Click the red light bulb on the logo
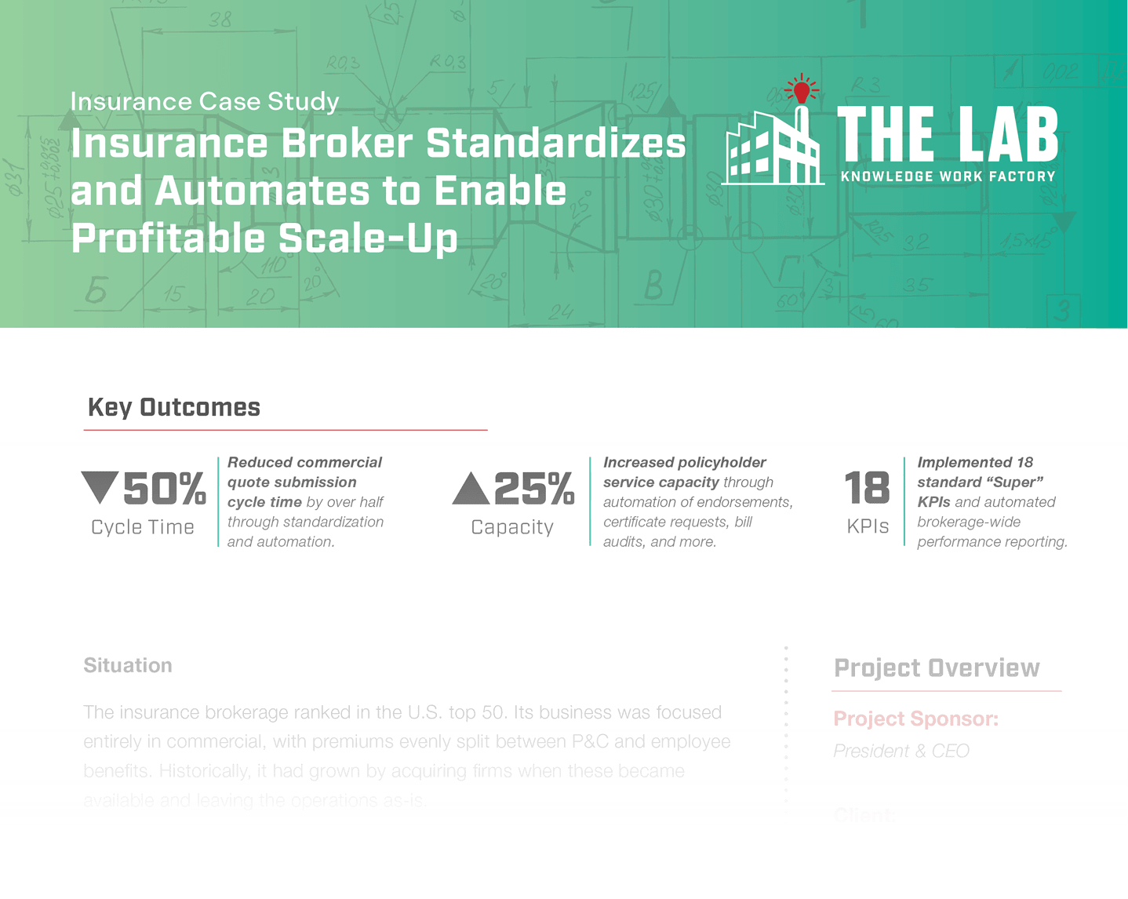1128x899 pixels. [x=801, y=91]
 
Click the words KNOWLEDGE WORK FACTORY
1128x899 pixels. [x=948, y=177]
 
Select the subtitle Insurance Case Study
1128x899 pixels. [x=205, y=102]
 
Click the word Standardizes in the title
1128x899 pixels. [x=556, y=144]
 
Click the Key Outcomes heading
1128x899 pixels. [x=174, y=407]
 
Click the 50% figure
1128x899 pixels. [x=165, y=489]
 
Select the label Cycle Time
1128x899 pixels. [x=143, y=527]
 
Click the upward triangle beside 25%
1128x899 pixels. [x=471, y=488]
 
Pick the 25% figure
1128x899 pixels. [x=534, y=489]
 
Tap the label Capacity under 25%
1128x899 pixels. [x=512, y=527]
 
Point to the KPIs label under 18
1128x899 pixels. [x=868, y=526]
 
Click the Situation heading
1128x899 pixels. [x=128, y=665]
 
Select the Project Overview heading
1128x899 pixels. [x=937, y=668]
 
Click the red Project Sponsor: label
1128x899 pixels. [x=915, y=719]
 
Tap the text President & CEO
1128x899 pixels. [x=901, y=751]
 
